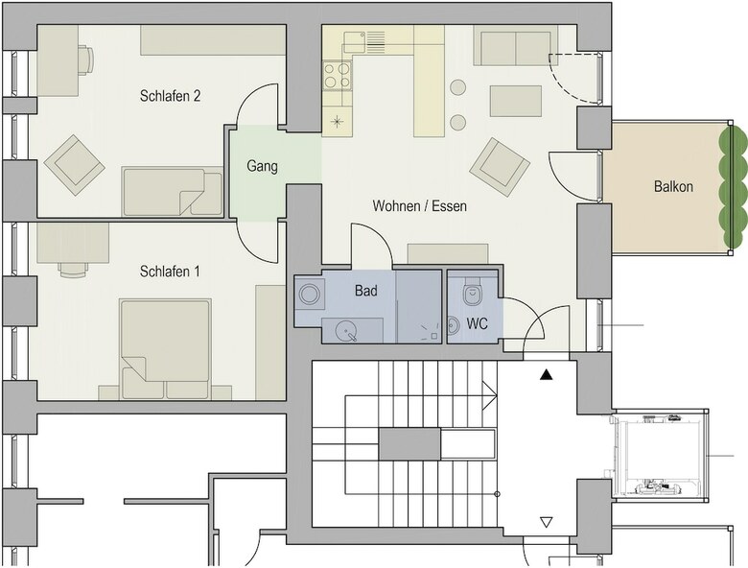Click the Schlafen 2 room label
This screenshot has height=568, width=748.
click(170, 96)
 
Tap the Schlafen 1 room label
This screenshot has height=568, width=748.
click(170, 272)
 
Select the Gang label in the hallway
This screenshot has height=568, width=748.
click(262, 167)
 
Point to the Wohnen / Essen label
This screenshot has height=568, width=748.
click(419, 205)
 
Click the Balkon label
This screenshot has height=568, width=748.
click(673, 186)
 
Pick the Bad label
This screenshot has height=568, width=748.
click(366, 291)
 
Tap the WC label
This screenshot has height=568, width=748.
click(477, 323)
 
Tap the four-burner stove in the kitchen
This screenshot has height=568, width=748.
click(337, 76)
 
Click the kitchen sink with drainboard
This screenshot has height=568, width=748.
click(363, 41)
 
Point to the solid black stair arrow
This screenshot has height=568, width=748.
click(547, 375)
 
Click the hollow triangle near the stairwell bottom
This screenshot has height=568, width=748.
click(547, 522)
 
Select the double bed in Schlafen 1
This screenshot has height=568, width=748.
click(166, 349)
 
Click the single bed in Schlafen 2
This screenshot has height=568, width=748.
click(173, 191)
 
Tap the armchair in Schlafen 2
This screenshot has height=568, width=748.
click(75, 165)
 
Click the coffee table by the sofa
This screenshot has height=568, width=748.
click(516, 101)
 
